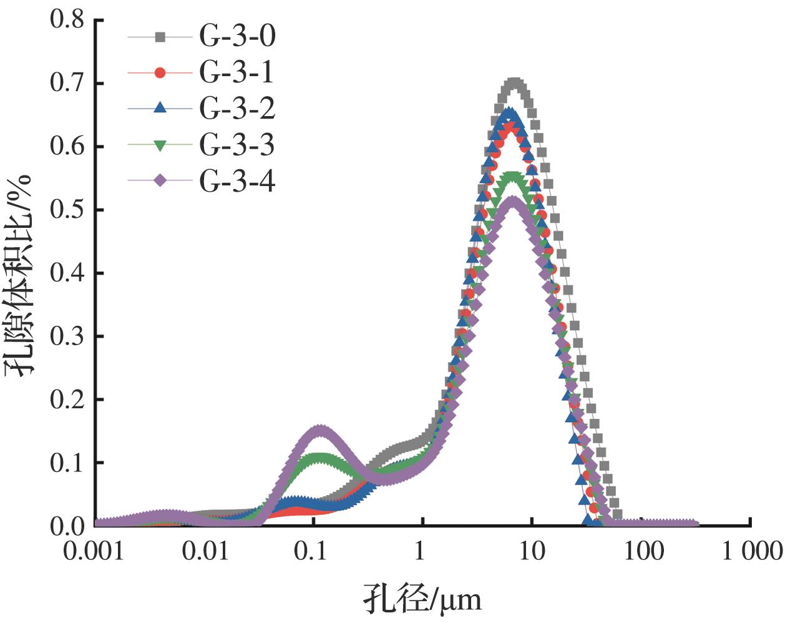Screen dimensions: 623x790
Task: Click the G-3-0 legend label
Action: [x=237, y=37]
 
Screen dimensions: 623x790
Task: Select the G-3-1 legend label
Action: [x=237, y=73]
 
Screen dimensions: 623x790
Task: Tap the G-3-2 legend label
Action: [x=237, y=109]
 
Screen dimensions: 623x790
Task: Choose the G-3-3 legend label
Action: [x=237, y=145]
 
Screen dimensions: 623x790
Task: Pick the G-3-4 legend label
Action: [x=237, y=181]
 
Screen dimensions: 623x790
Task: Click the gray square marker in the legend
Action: [x=160, y=37]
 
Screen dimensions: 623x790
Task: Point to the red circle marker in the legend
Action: [x=160, y=73]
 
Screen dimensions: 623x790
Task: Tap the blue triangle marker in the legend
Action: [x=160, y=108]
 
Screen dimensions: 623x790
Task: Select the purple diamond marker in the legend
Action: [x=160, y=181]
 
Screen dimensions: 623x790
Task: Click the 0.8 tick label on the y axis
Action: [x=67, y=20]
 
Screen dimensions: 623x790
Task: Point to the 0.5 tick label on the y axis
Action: [x=67, y=210]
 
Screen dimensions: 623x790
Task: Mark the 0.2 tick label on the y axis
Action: [x=67, y=400]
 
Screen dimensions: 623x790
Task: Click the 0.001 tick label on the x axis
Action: [x=94, y=552]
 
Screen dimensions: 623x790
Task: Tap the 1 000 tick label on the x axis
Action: [x=751, y=552]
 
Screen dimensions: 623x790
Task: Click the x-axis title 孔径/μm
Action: [x=422, y=600]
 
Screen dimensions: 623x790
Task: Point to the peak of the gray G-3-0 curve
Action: [x=514, y=84]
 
